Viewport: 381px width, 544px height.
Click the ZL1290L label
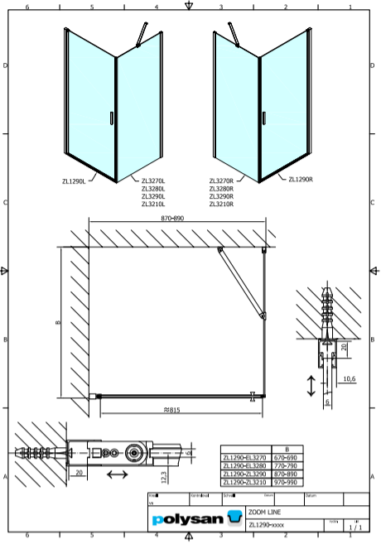[75, 180]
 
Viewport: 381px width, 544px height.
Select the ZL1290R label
[301, 180]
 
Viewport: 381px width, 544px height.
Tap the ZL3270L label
[153, 181]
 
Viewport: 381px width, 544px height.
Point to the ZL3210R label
[222, 204]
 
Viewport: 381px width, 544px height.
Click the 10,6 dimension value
[349, 378]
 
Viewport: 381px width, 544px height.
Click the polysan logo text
[188, 519]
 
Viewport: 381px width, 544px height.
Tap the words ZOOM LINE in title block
[263, 513]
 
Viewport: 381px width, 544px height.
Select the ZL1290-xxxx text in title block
[266, 524]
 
